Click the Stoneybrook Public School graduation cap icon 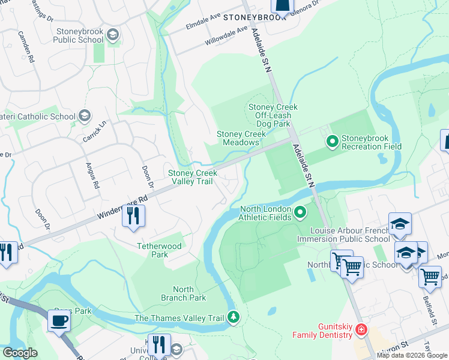pyautogui.click(x=112, y=35)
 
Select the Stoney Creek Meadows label pyautogui.click(x=241, y=138)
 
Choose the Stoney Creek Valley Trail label pyautogui.click(x=192, y=176)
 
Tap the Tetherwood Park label pyautogui.click(x=160, y=250)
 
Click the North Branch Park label pyautogui.click(x=183, y=293)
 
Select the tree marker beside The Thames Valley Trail pyautogui.click(x=234, y=317)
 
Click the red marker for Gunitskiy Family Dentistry pyautogui.click(x=360, y=329)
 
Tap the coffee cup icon pyautogui.click(x=59, y=321)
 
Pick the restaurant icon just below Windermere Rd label pyautogui.click(x=133, y=215)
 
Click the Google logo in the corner pyautogui.click(x=20, y=353)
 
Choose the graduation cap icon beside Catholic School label pyautogui.click(x=85, y=116)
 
